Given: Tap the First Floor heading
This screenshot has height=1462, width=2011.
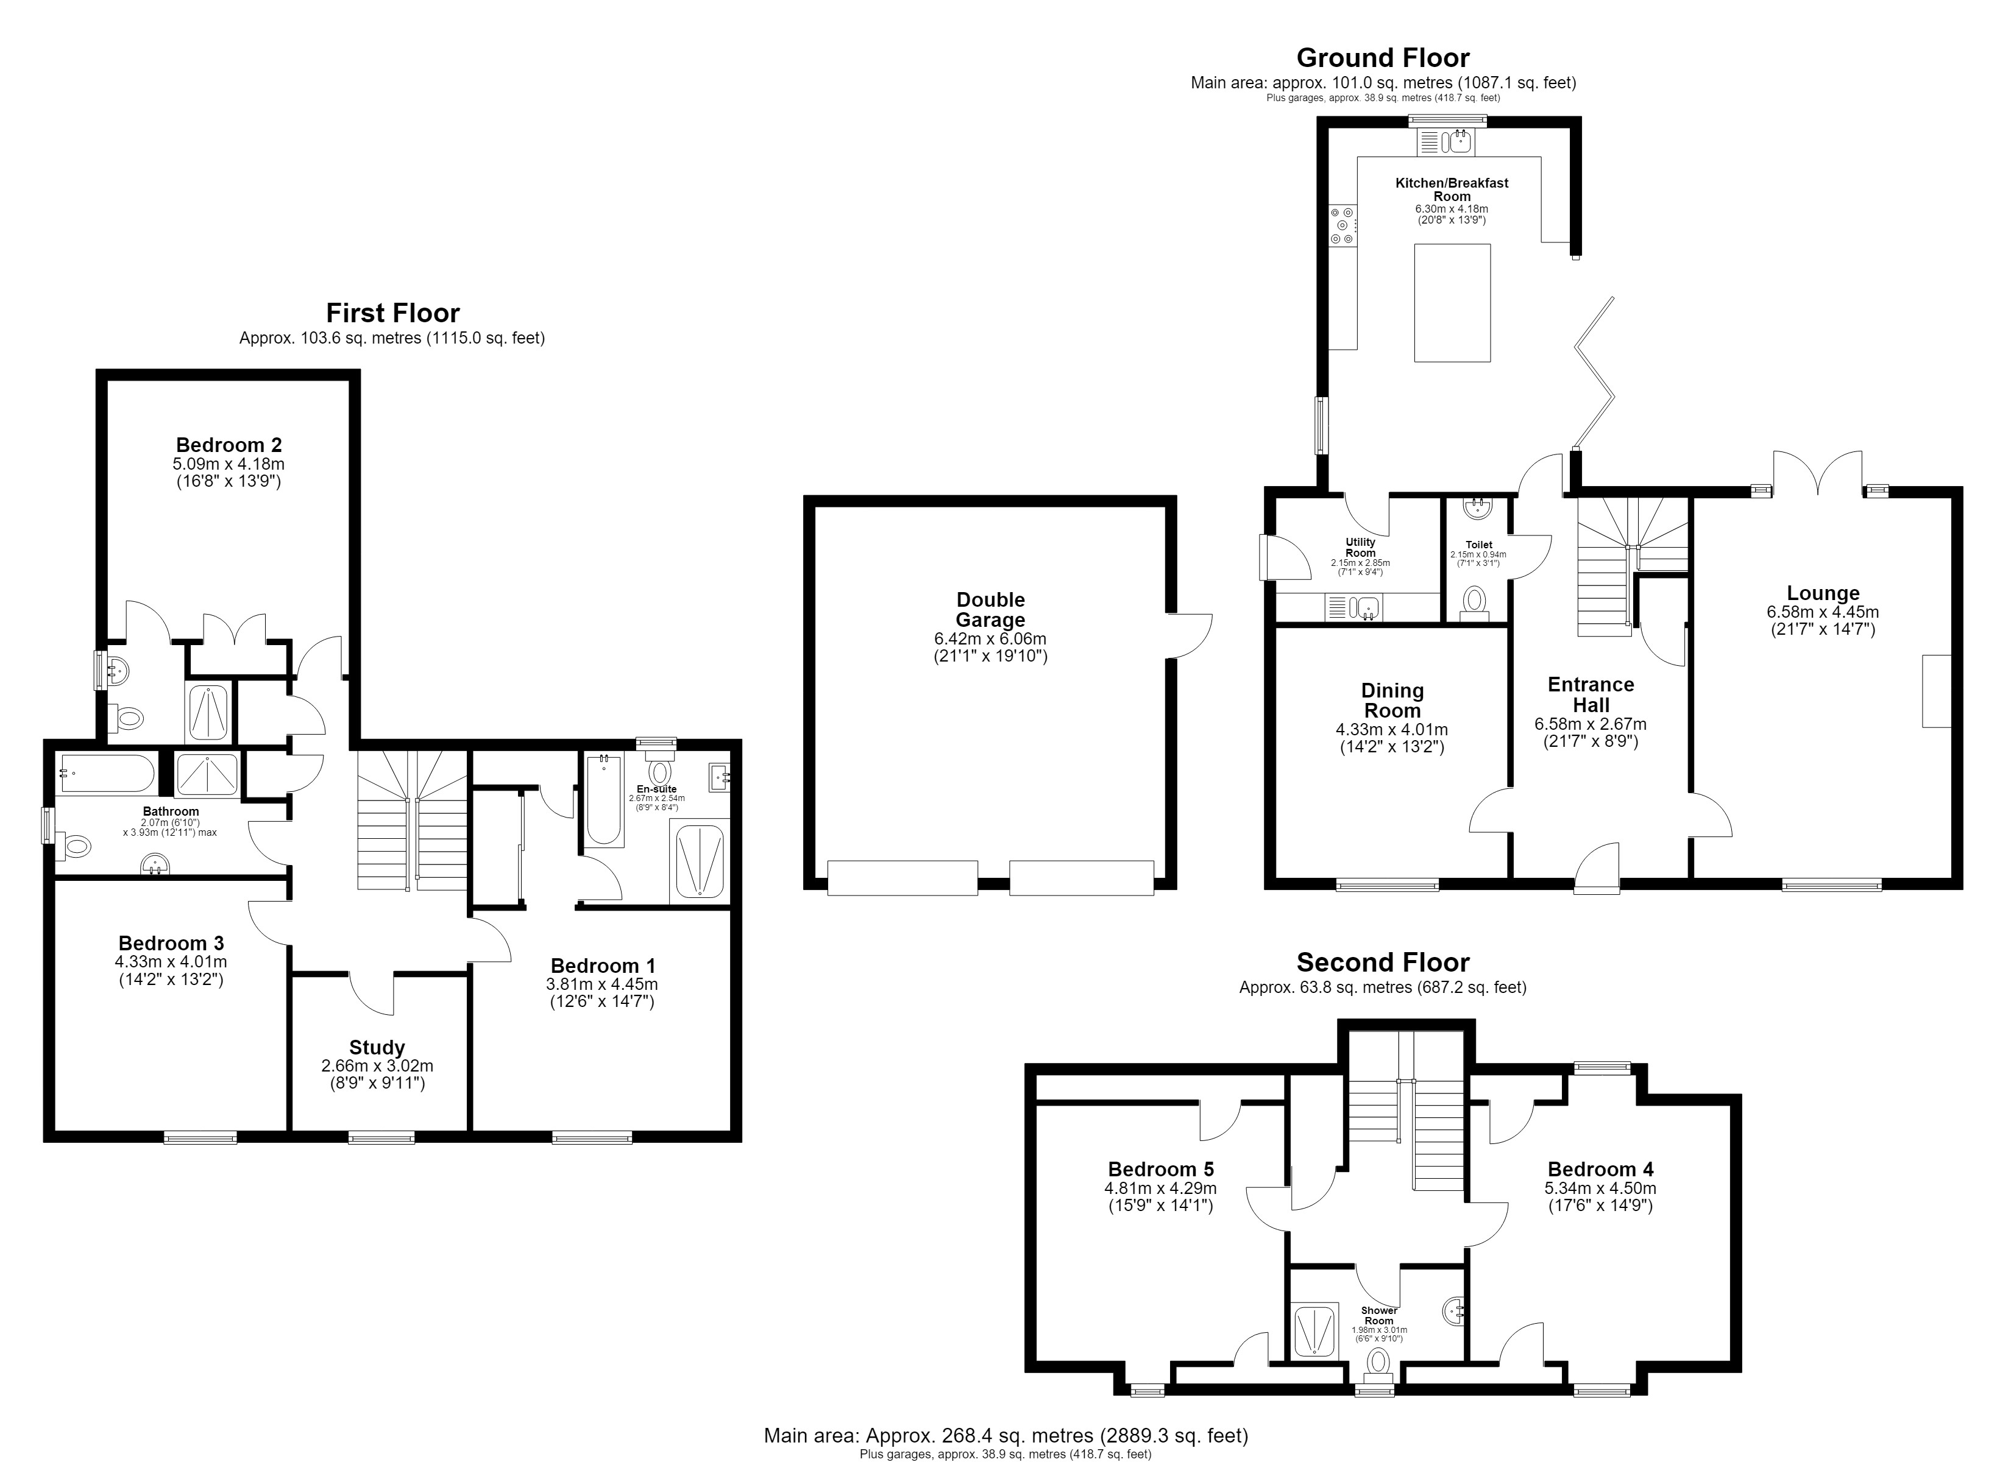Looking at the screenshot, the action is click(x=393, y=313).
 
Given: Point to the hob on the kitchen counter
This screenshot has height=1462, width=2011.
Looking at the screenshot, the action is click(x=1341, y=225).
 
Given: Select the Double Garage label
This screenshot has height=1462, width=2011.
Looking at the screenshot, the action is click(x=990, y=610).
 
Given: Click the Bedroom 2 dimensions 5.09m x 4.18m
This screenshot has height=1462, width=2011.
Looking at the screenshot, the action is click(x=228, y=464).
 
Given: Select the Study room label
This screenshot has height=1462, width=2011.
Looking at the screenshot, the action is click(x=377, y=1047).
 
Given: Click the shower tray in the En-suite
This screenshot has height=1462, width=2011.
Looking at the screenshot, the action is click(x=700, y=860).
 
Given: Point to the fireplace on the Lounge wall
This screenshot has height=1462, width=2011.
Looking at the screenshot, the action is click(x=1937, y=691).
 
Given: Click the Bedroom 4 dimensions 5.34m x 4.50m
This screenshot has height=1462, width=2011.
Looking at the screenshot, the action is click(x=1600, y=1188).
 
